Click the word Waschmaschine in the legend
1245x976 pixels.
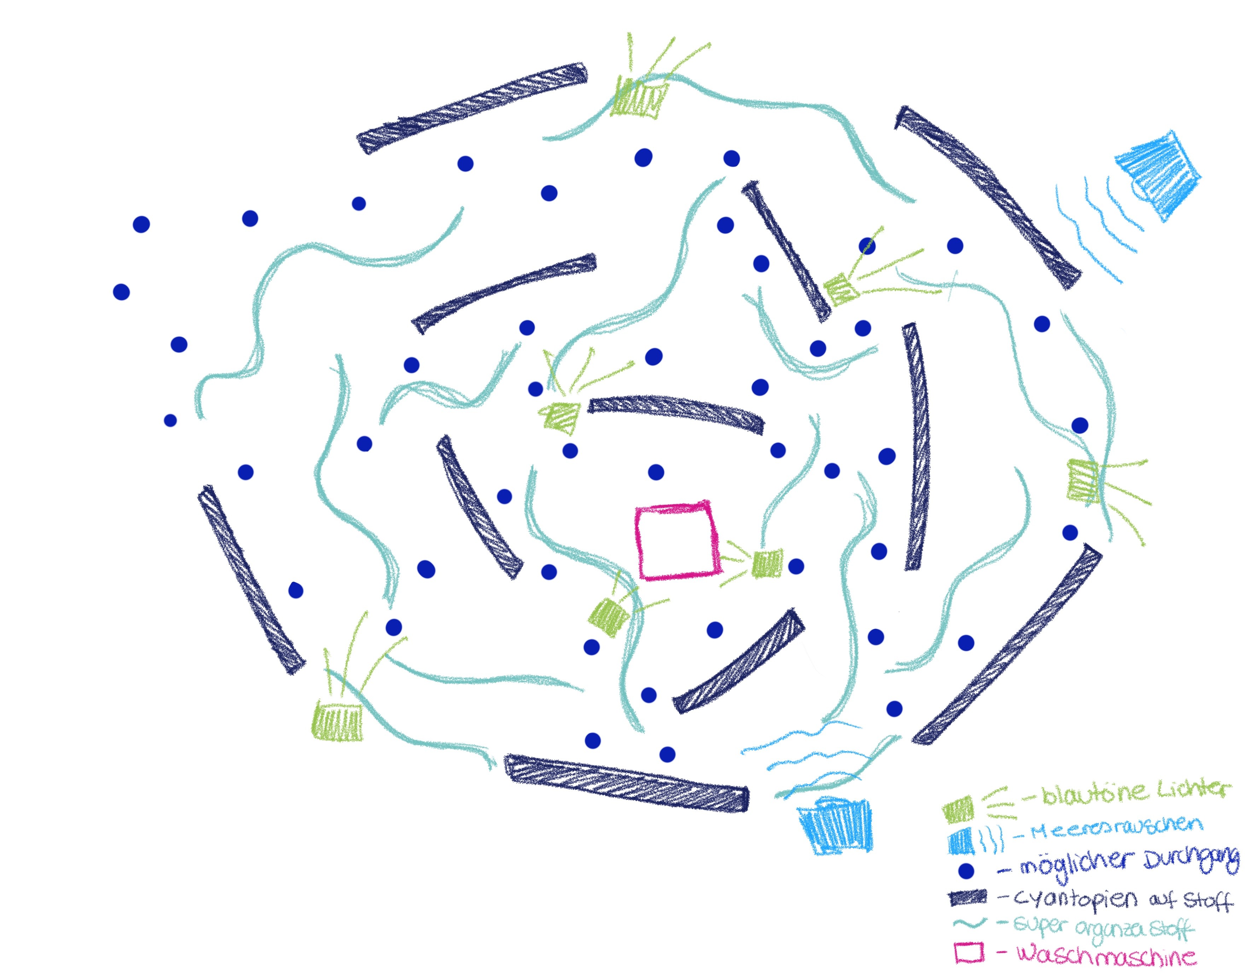click(1106, 955)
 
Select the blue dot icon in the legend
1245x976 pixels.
click(966, 871)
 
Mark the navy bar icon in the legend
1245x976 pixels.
click(968, 898)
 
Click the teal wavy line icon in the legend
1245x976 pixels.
click(971, 924)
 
